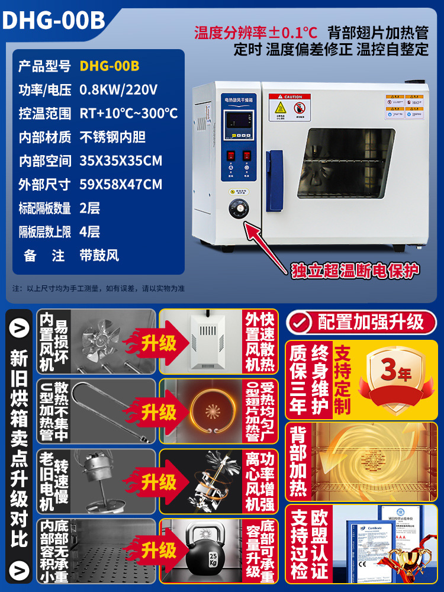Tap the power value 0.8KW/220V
tap(118, 90)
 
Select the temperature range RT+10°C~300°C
tap(128, 114)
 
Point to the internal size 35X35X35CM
tap(121, 160)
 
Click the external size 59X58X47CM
tap(121, 184)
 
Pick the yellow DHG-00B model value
tap(110, 66)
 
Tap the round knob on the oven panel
tap(239, 210)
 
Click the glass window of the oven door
tap(348, 163)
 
